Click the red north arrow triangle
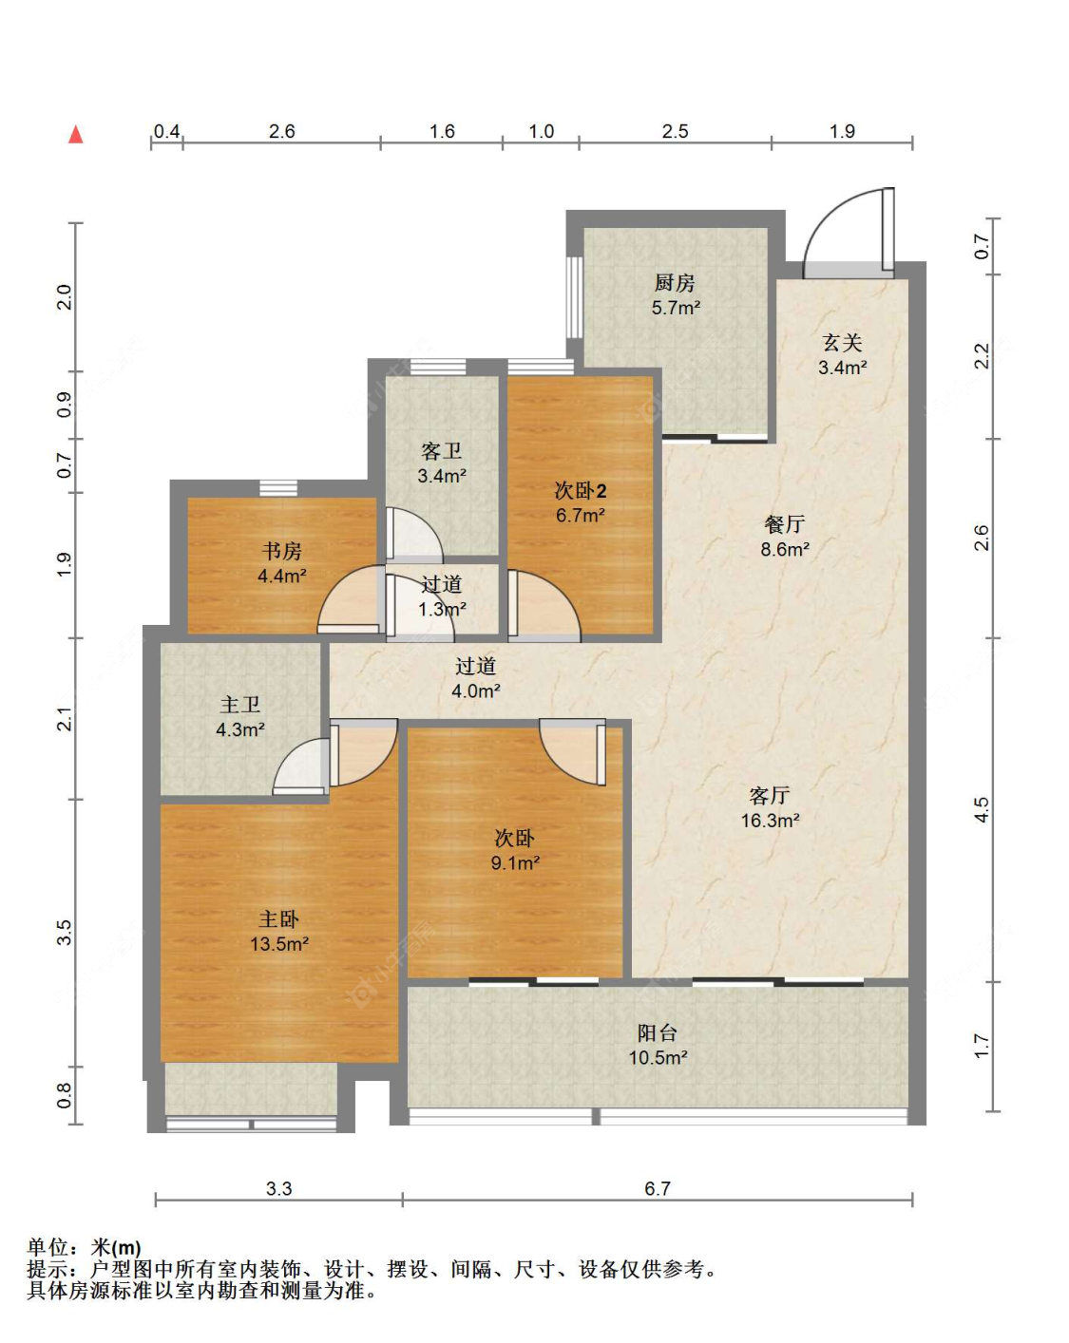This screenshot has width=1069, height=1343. (76, 134)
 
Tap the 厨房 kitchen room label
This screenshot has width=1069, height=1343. (674, 283)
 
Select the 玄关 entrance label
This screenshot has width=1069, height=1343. (842, 343)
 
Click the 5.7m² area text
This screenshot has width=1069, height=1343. (676, 308)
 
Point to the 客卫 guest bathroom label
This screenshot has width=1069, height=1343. (442, 451)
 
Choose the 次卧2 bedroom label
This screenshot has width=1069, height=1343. (580, 490)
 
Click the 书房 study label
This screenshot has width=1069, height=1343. (281, 551)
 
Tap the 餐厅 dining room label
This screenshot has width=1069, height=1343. (784, 524)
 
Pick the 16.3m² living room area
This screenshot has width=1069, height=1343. (770, 820)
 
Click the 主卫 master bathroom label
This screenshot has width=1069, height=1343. (239, 705)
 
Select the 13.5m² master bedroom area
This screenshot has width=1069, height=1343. (279, 943)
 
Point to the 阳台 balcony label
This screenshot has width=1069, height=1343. (657, 1032)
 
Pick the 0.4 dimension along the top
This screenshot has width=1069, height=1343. (166, 132)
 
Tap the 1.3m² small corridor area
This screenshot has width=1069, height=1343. (442, 609)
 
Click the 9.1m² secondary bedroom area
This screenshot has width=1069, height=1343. (514, 862)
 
